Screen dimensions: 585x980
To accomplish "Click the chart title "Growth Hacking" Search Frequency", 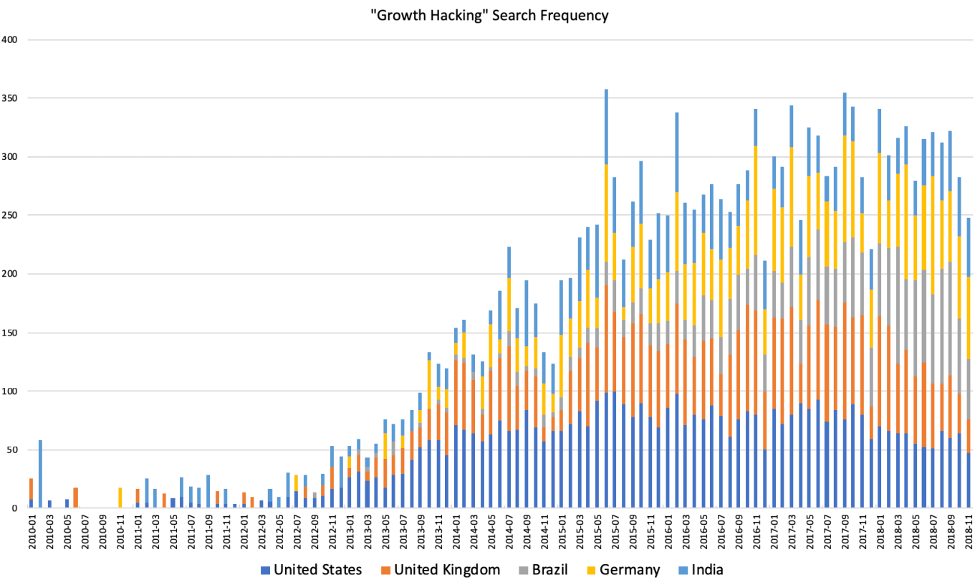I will [x=490, y=14].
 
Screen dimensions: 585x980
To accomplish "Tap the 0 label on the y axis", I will [x=16, y=508].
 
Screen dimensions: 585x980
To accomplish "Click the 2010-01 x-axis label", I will [x=32, y=532].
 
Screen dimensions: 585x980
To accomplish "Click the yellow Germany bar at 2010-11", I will [x=120, y=498].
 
